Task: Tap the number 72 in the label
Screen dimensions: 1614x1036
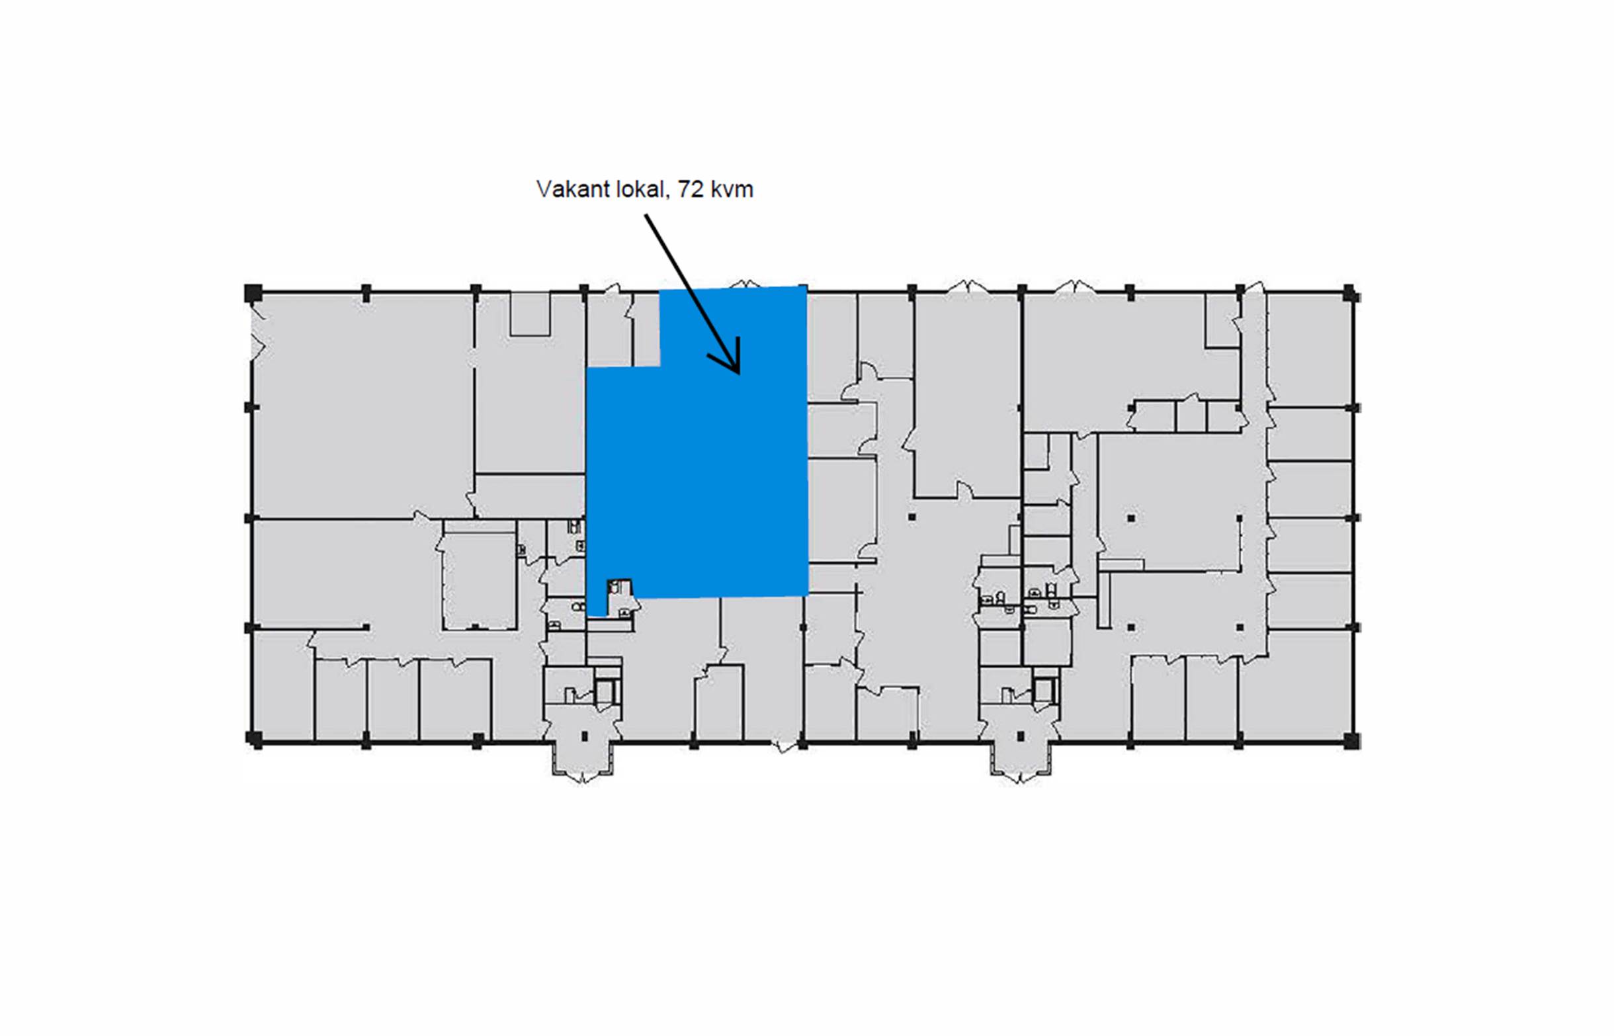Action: tap(690, 190)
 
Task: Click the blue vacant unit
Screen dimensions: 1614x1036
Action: tap(699, 471)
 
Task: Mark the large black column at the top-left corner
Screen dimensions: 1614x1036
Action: tap(252, 292)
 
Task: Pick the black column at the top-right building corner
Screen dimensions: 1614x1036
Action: tap(1349, 293)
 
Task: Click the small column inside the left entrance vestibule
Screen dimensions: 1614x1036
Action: tap(583, 736)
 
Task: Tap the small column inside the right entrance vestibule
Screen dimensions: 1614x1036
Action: tap(1020, 736)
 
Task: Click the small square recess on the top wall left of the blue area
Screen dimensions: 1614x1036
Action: tap(530, 314)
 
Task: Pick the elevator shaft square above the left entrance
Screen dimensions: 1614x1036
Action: tap(605, 691)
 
